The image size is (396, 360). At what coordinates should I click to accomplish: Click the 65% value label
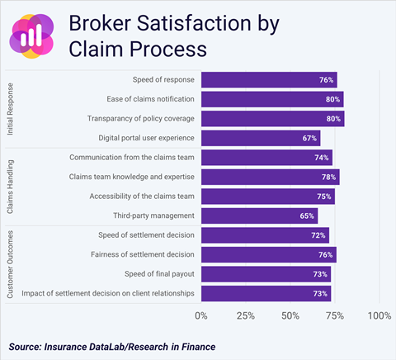point(307,216)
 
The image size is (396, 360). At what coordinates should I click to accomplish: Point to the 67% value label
point(310,138)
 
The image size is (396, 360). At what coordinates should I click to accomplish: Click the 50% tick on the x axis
point(290,315)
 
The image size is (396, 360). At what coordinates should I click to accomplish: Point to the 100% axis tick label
point(379,315)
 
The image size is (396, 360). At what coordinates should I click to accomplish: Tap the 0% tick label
point(201,315)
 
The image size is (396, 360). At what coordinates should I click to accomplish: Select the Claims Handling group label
point(11,187)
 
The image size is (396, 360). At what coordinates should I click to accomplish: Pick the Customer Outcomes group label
point(11,264)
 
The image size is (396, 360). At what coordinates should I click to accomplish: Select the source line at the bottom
point(112,347)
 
